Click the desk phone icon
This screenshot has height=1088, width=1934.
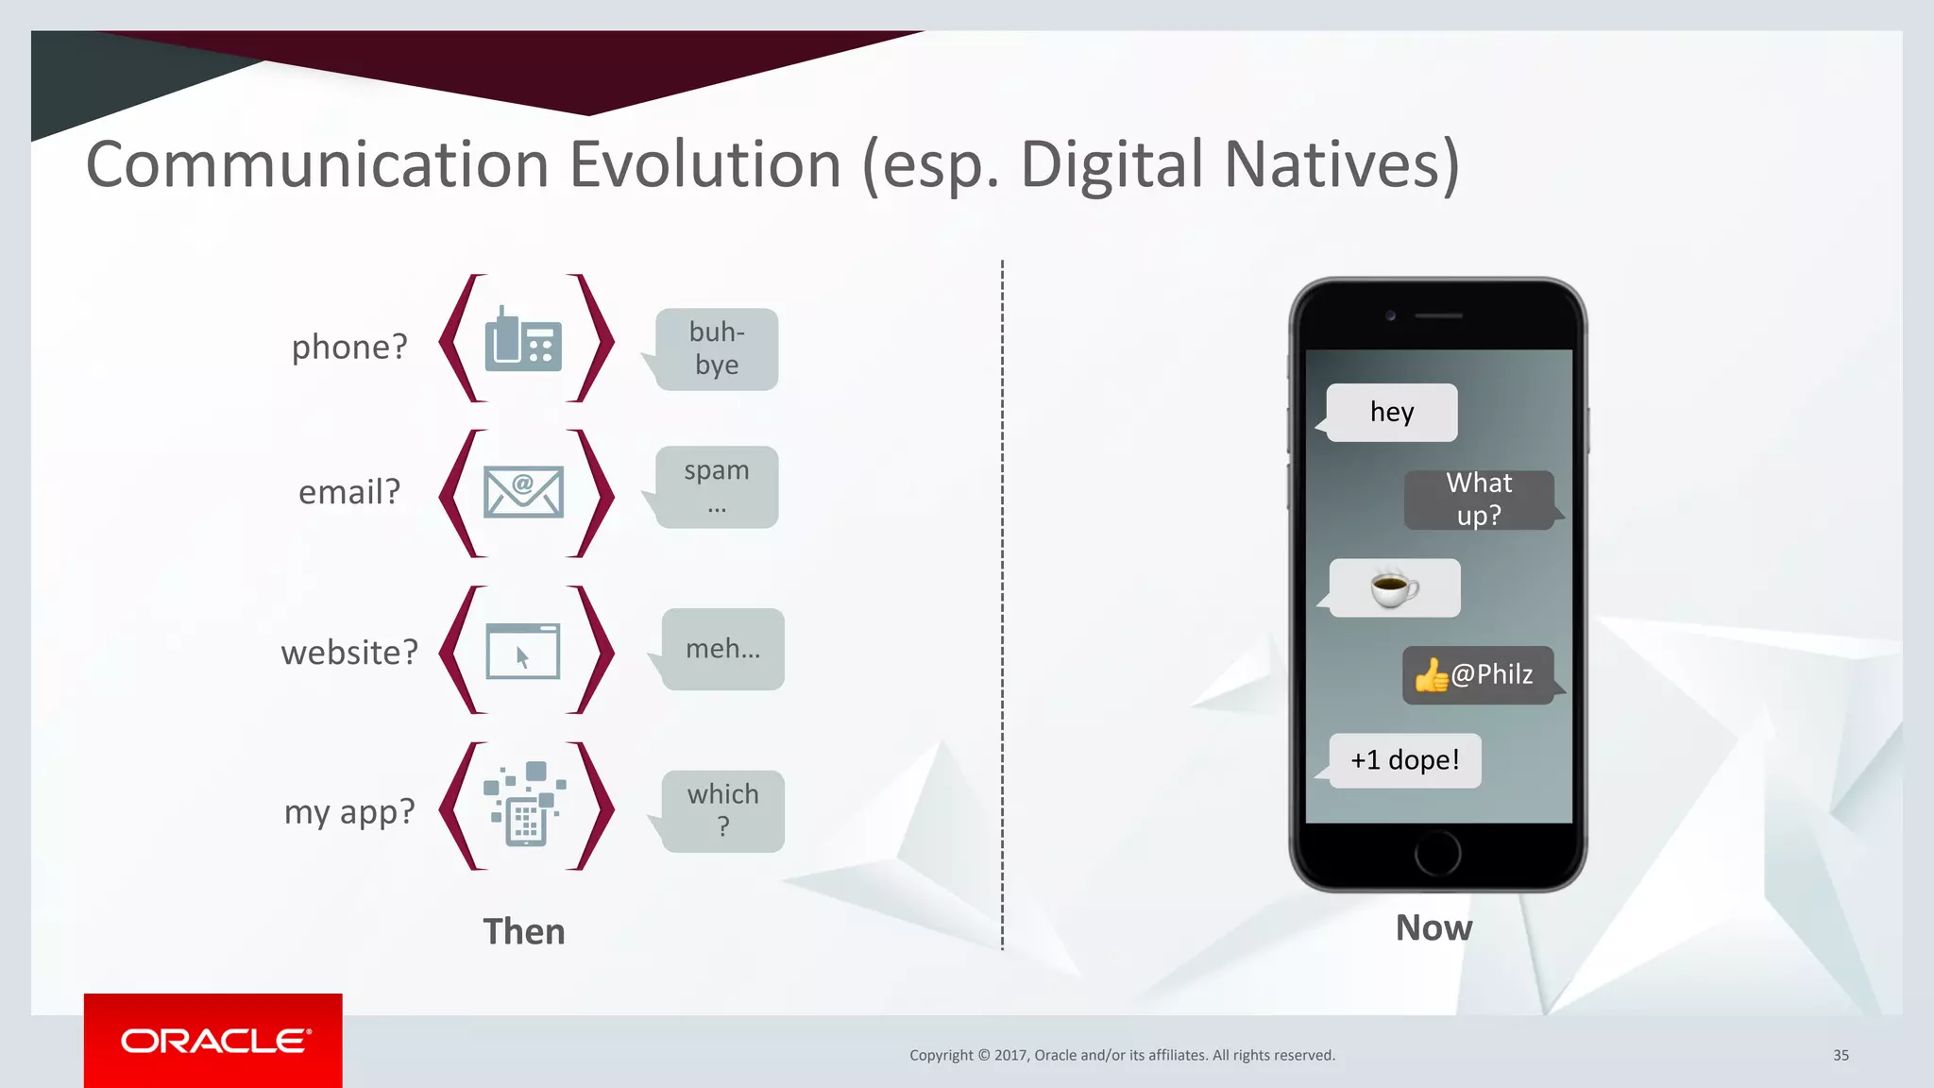523,340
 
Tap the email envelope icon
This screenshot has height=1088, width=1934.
523,491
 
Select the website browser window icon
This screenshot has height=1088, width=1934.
523,651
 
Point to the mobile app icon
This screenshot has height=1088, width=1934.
525,805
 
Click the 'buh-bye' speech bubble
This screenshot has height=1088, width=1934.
717,349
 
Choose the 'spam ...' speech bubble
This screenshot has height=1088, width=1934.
717,487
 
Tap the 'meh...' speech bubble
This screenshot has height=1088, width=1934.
722,649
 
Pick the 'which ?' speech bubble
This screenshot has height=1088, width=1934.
722,810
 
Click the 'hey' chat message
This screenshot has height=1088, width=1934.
1392,412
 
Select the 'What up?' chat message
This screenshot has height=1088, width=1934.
1479,500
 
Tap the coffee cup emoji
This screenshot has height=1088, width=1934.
1394,588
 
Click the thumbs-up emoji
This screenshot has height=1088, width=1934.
1431,675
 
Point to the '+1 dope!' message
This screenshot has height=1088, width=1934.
1404,760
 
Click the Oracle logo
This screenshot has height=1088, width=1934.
213,1041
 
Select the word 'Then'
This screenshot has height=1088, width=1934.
524,931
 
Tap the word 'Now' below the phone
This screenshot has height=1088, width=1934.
1434,927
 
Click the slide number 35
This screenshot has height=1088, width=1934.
1841,1055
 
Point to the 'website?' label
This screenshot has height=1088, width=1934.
349,653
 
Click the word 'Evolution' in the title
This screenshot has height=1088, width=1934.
704,165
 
